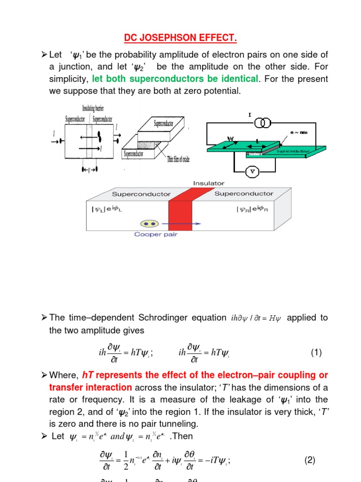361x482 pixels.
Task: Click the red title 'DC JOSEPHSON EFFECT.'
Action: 180,37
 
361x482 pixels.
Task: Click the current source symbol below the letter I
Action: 263,123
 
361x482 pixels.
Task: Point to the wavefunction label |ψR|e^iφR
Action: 251,209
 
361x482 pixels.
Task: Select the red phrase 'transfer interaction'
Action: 92,387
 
